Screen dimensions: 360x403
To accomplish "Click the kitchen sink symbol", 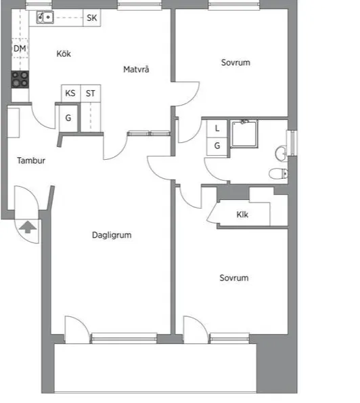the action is click(45, 17).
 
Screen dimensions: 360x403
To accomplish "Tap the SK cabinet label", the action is click(91, 18).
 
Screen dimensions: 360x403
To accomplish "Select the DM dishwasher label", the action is click(20, 48).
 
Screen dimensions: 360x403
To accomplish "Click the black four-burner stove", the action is click(20, 79).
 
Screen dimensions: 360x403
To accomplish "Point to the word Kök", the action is click(64, 54).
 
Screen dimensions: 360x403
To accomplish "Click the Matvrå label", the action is click(136, 69).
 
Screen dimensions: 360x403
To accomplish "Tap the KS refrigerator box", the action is click(71, 93).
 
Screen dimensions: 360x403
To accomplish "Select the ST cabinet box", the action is click(91, 93).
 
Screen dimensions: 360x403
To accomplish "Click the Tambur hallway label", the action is click(31, 161).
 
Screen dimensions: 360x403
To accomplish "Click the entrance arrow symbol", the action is click(28, 227).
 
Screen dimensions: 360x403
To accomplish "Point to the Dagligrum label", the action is click(112, 235).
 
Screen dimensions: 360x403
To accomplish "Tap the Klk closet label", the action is click(242, 214).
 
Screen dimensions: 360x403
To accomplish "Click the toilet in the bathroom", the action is click(278, 173).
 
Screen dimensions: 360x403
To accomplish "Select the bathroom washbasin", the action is click(281, 154).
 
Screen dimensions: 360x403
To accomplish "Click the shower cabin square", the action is click(244, 134).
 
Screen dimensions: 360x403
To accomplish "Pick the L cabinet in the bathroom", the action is click(217, 129).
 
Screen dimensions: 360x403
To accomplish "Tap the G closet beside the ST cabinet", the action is click(68, 118).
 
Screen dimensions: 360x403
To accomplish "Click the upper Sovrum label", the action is click(235, 62).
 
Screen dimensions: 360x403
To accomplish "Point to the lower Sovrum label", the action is click(234, 278).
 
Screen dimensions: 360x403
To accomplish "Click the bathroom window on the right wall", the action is click(292, 143).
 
